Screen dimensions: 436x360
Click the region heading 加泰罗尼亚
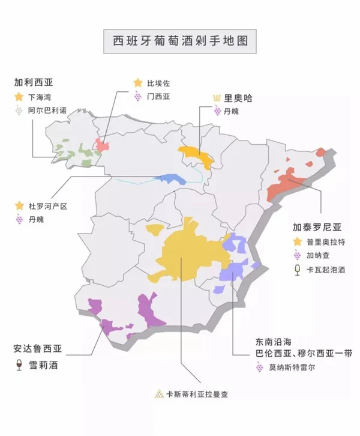(x=317, y=227)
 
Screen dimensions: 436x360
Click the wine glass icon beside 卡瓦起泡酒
(x=296, y=270)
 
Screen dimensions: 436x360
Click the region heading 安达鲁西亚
(x=37, y=348)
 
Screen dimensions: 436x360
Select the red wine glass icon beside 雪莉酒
(x=19, y=365)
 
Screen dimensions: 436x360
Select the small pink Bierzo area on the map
(x=103, y=146)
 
